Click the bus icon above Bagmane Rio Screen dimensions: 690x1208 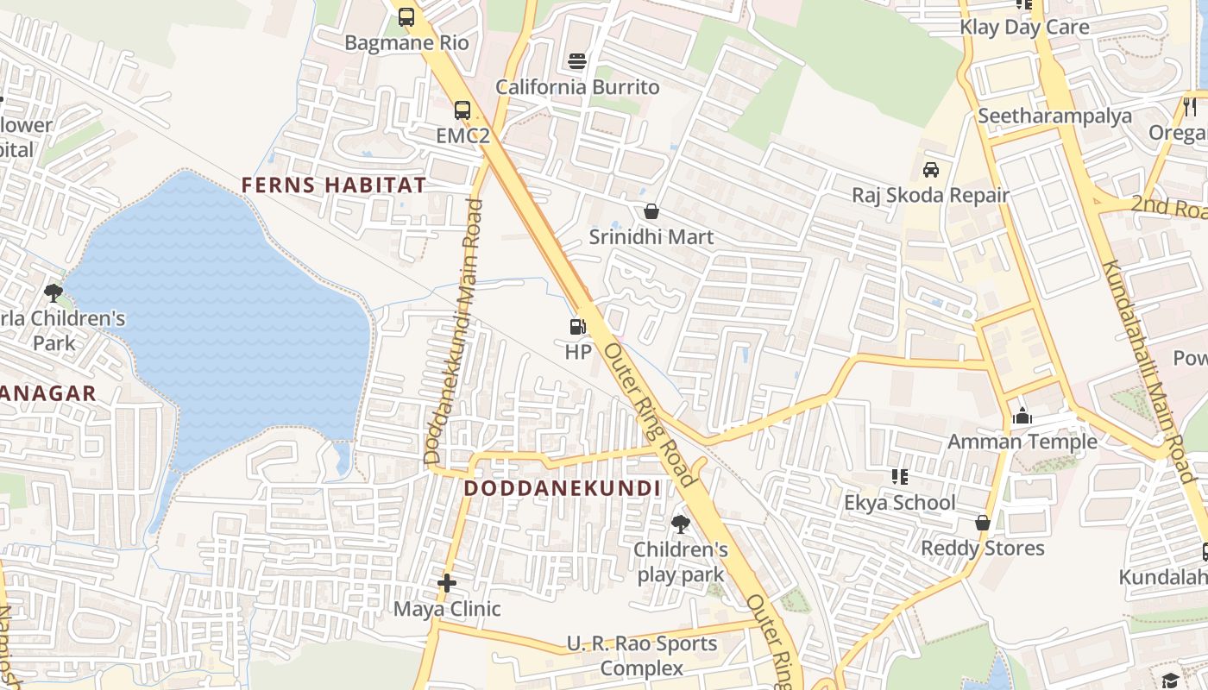pyautogui.click(x=406, y=16)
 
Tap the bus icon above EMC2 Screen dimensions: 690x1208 pyautogui.click(x=462, y=110)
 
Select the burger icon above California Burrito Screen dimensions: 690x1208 pyautogui.click(x=577, y=61)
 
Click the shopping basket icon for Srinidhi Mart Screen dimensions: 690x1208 pyautogui.click(x=651, y=211)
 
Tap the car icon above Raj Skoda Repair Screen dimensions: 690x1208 pyautogui.click(x=931, y=169)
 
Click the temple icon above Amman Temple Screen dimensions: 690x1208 pyautogui.click(x=1022, y=417)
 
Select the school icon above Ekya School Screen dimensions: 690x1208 pyautogui.click(x=900, y=477)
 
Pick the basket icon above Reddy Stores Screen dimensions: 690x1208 pyautogui.click(x=982, y=523)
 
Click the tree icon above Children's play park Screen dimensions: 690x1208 pyautogui.click(x=681, y=524)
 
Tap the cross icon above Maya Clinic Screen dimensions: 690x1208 pyautogui.click(x=446, y=584)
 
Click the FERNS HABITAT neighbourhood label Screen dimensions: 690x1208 pyautogui.click(x=333, y=185)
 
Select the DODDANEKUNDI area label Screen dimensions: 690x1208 pyautogui.click(x=563, y=488)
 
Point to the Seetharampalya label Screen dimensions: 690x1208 pyautogui.click(x=1054, y=116)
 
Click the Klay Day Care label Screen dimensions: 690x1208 pyautogui.click(x=1024, y=27)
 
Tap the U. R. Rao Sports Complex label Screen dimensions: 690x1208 pyautogui.click(x=641, y=655)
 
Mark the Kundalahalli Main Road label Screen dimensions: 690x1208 pyautogui.click(x=1147, y=371)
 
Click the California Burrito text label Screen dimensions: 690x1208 pyautogui.click(x=577, y=87)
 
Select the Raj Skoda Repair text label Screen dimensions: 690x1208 pyautogui.click(x=930, y=195)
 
